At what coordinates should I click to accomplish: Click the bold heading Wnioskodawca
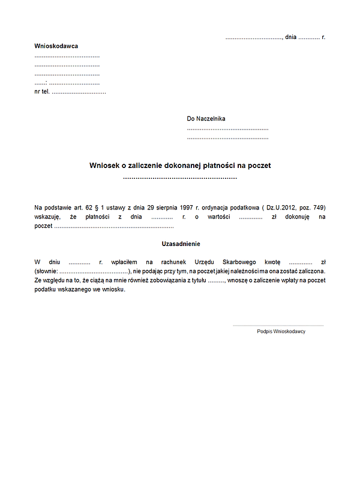point(56,46)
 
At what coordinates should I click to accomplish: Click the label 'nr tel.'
point(42,92)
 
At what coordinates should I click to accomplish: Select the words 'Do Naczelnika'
point(206,119)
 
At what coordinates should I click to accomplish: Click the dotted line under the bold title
point(180,178)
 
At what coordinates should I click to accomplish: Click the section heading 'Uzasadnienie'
point(181,244)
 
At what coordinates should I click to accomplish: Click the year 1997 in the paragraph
point(186,207)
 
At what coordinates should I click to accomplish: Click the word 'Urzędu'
point(205,262)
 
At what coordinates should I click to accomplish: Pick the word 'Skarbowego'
point(238,262)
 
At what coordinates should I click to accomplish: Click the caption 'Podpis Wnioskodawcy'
point(281,331)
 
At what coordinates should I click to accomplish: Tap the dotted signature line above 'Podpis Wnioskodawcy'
point(278,325)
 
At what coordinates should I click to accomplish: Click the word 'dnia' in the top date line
point(291,37)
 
